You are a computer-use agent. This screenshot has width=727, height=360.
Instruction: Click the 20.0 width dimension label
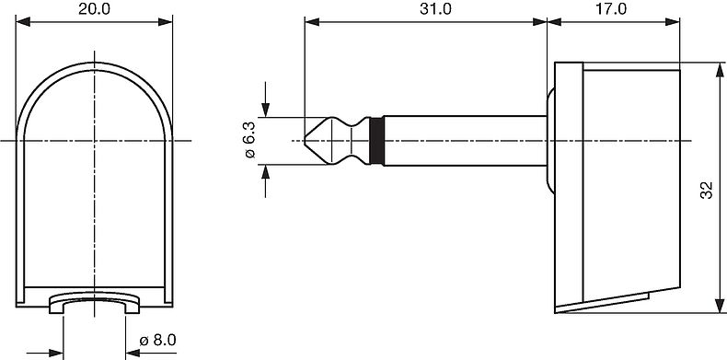[94, 9]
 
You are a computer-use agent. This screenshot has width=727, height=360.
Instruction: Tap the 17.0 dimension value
[611, 9]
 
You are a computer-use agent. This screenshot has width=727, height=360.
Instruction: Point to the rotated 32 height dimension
[705, 190]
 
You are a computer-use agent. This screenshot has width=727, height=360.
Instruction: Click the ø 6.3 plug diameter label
[249, 141]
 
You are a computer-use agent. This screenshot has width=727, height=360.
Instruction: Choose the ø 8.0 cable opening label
[158, 341]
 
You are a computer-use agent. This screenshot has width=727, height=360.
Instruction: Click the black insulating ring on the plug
[376, 141]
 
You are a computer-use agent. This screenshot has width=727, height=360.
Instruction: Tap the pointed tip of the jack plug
[306, 140]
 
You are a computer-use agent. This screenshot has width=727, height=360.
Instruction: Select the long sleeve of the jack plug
[466, 141]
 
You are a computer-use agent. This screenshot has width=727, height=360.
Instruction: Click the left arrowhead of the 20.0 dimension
[22, 22]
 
